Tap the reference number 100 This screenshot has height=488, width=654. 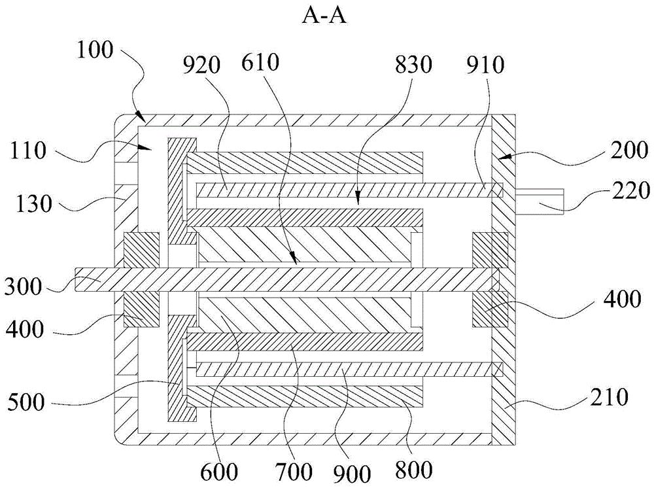[95, 50]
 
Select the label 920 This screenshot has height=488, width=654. [201, 65]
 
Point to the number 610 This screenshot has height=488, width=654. [260, 63]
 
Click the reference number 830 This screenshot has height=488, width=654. [413, 65]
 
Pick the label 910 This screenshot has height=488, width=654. [485, 65]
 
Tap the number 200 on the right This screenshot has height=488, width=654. [629, 150]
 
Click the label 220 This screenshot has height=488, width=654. [631, 190]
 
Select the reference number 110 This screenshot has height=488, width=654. [28, 150]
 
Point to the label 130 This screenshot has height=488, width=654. [34, 204]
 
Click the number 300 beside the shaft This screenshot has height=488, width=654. [23, 287]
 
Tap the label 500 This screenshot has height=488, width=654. [26, 402]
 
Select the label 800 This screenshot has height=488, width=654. [413, 470]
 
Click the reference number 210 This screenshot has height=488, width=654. [608, 398]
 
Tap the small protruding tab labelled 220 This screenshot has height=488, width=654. [540, 201]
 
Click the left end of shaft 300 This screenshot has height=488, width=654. [75, 279]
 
